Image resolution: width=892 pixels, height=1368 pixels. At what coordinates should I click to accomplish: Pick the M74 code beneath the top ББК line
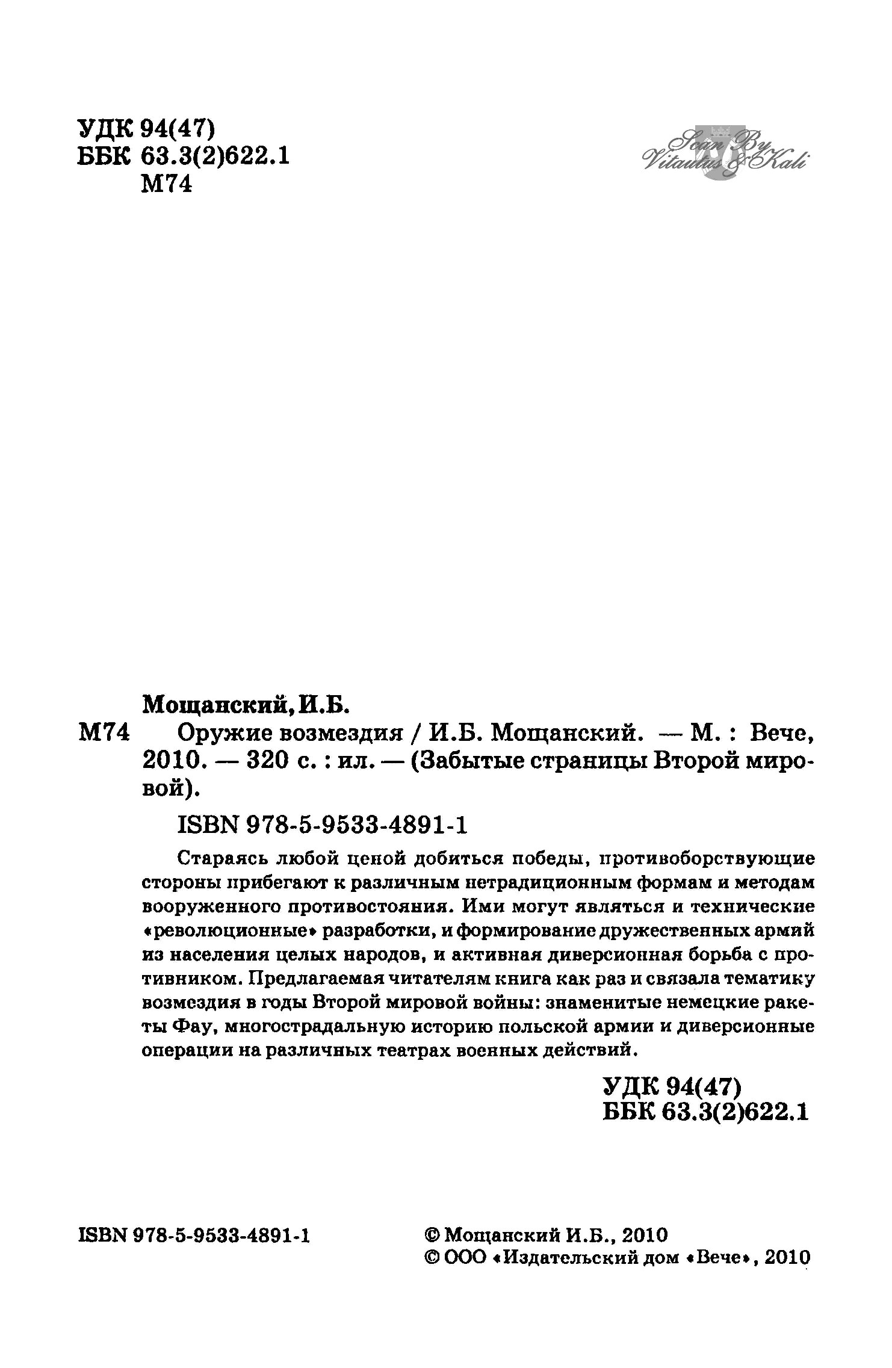[166, 185]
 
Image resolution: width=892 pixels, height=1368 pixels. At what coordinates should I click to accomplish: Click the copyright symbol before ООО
[433, 1258]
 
